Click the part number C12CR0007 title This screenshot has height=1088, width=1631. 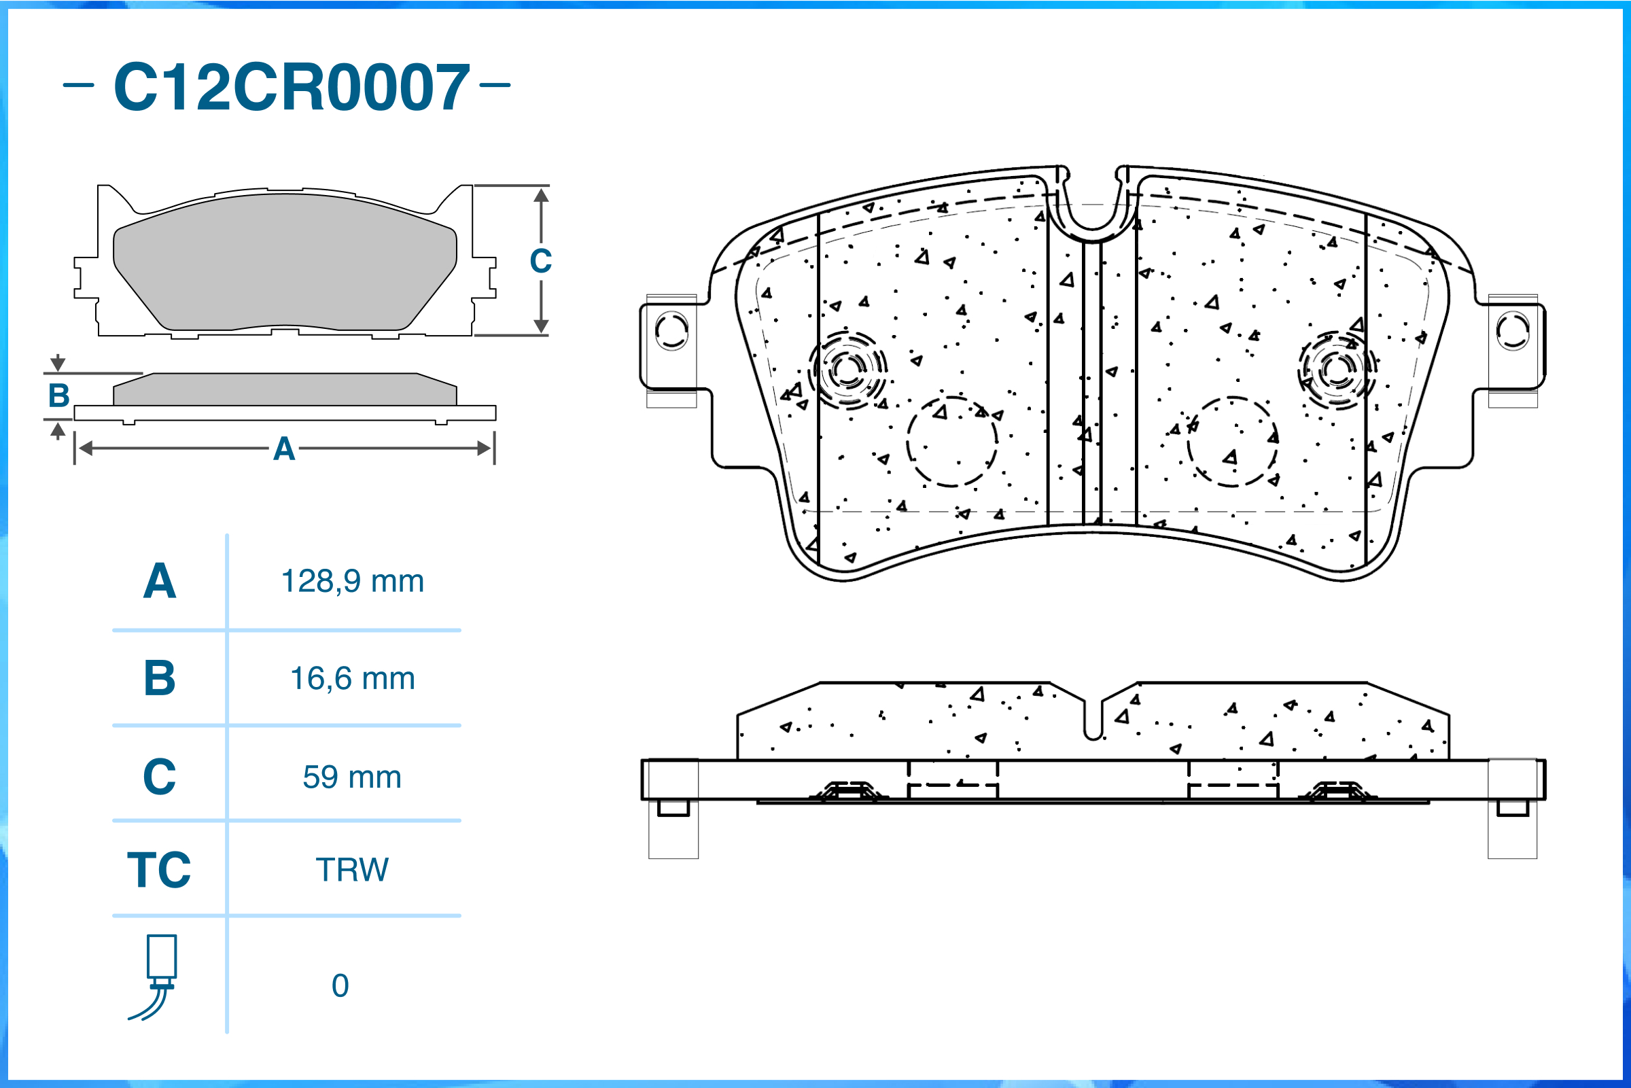pyautogui.click(x=292, y=87)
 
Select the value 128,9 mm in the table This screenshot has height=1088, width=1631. pyautogui.click(x=352, y=582)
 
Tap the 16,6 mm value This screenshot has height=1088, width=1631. pyautogui.click(x=352, y=679)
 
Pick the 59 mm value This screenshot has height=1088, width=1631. pyautogui.click(x=352, y=777)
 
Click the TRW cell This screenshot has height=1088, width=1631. pyautogui.click(x=352, y=870)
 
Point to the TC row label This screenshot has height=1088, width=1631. pyautogui.click(x=159, y=870)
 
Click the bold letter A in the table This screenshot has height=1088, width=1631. pyautogui.click(x=159, y=582)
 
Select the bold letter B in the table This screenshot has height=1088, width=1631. pyautogui.click(x=159, y=679)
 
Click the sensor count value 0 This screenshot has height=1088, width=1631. pyautogui.click(x=340, y=986)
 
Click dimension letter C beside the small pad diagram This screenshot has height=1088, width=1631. pyautogui.click(x=540, y=262)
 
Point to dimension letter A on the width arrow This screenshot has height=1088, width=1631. pyautogui.click(x=284, y=450)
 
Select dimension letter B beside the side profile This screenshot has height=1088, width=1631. pyautogui.click(x=59, y=396)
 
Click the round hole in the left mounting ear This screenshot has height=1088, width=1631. pyautogui.click(x=671, y=331)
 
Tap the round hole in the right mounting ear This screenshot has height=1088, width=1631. pyautogui.click(x=1512, y=331)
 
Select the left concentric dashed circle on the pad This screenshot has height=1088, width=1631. pyautogui.click(x=847, y=370)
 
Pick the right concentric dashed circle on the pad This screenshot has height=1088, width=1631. pyautogui.click(x=1337, y=370)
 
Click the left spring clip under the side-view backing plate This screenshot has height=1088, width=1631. pyautogui.click(x=847, y=791)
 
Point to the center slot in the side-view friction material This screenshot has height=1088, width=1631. pyautogui.click(x=1093, y=722)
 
